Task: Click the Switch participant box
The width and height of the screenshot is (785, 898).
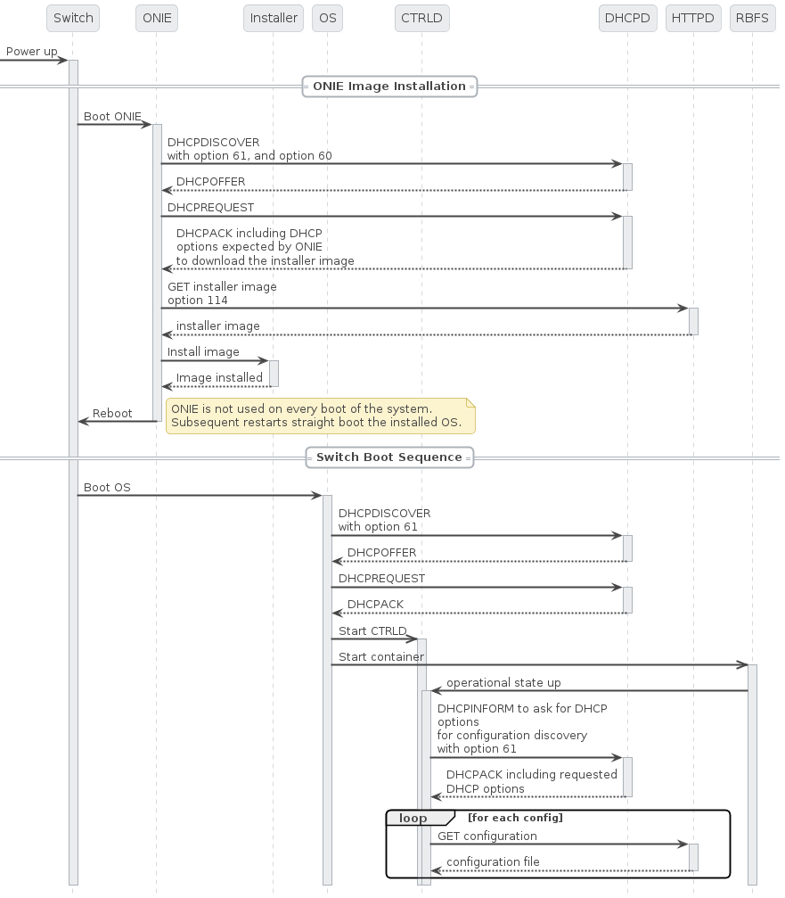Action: point(73,18)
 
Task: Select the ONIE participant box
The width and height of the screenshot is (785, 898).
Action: point(157,18)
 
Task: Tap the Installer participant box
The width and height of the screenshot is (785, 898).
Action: point(274,18)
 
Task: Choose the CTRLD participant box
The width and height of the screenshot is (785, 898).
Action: point(422,18)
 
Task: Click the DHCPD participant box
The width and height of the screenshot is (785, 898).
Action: point(627,18)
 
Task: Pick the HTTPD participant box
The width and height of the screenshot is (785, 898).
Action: point(692,18)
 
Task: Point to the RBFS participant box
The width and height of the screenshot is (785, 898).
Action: point(752,18)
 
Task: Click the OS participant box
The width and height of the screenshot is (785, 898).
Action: point(327,18)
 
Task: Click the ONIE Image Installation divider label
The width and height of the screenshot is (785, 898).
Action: point(389,87)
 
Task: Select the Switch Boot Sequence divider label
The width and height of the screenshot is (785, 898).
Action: point(389,457)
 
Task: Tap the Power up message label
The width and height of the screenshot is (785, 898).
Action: point(31,52)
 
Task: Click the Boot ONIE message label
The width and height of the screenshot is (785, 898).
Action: point(112,117)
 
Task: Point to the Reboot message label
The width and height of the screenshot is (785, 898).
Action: point(112,414)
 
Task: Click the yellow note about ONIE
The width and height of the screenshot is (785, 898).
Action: point(320,416)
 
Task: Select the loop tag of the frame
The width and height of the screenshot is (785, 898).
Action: point(413,818)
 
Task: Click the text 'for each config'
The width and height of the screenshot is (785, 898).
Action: point(515,818)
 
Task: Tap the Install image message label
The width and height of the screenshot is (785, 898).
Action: point(203,352)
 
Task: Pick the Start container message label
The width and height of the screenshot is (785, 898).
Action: point(381,657)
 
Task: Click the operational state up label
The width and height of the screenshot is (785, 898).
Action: point(503,683)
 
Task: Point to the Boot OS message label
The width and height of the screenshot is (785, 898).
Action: point(107,488)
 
